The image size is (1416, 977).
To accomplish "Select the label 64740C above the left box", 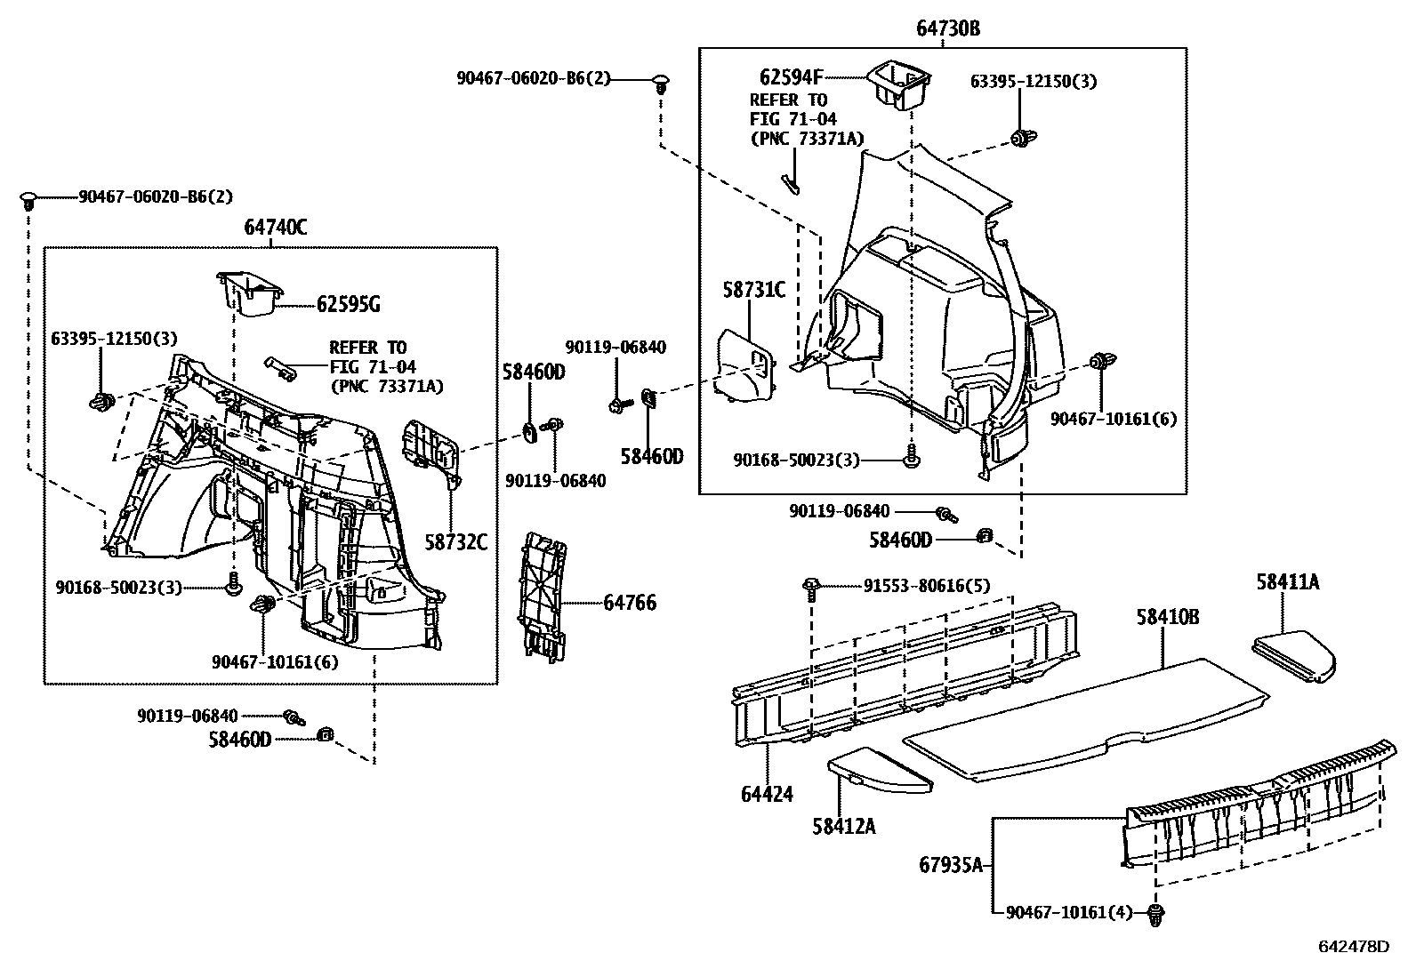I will tap(275, 228).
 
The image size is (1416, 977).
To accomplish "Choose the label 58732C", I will tap(456, 541).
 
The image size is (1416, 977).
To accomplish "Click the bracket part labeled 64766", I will tap(543, 596).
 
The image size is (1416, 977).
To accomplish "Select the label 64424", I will tap(766, 794).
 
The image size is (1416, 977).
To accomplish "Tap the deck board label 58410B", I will tap(1167, 616).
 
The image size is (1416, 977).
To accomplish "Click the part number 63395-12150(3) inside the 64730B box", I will tap(1033, 82).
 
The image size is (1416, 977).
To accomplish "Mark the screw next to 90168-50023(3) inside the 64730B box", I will tap(912, 460).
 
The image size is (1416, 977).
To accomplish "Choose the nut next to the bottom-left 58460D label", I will tap(326, 734).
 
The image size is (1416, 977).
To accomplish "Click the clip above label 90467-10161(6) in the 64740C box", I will tap(263, 605).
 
